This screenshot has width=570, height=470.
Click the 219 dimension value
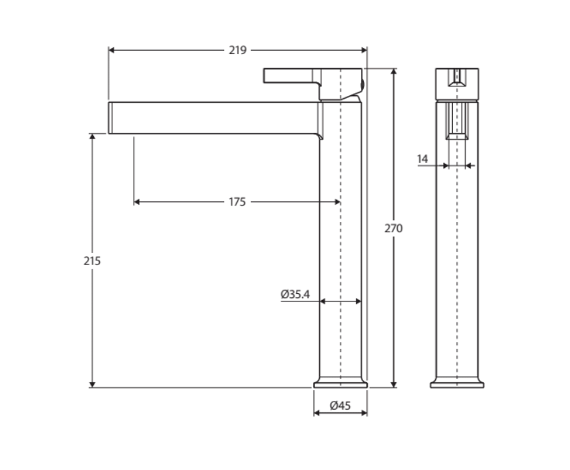click(x=238, y=50)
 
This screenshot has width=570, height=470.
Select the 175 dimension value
click(x=237, y=202)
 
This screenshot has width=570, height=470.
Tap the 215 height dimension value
click(x=92, y=261)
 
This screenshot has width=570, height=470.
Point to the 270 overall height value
click(x=393, y=228)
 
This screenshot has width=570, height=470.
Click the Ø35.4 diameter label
click(x=295, y=295)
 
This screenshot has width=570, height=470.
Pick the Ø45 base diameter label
click(x=340, y=406)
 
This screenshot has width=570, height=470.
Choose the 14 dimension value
click(x=423, y=159)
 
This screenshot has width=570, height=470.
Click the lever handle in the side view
click(x=291, y=75)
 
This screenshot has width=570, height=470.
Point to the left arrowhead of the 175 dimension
click(x=138, y=202)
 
